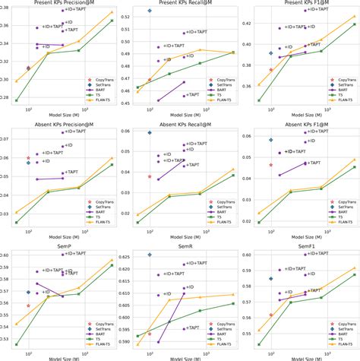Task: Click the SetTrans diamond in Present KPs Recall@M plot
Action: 150,11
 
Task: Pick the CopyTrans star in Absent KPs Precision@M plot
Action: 28,157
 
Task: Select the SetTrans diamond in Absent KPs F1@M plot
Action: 271,140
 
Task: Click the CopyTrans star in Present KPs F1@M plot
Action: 271,70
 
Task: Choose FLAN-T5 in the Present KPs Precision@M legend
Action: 93,106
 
